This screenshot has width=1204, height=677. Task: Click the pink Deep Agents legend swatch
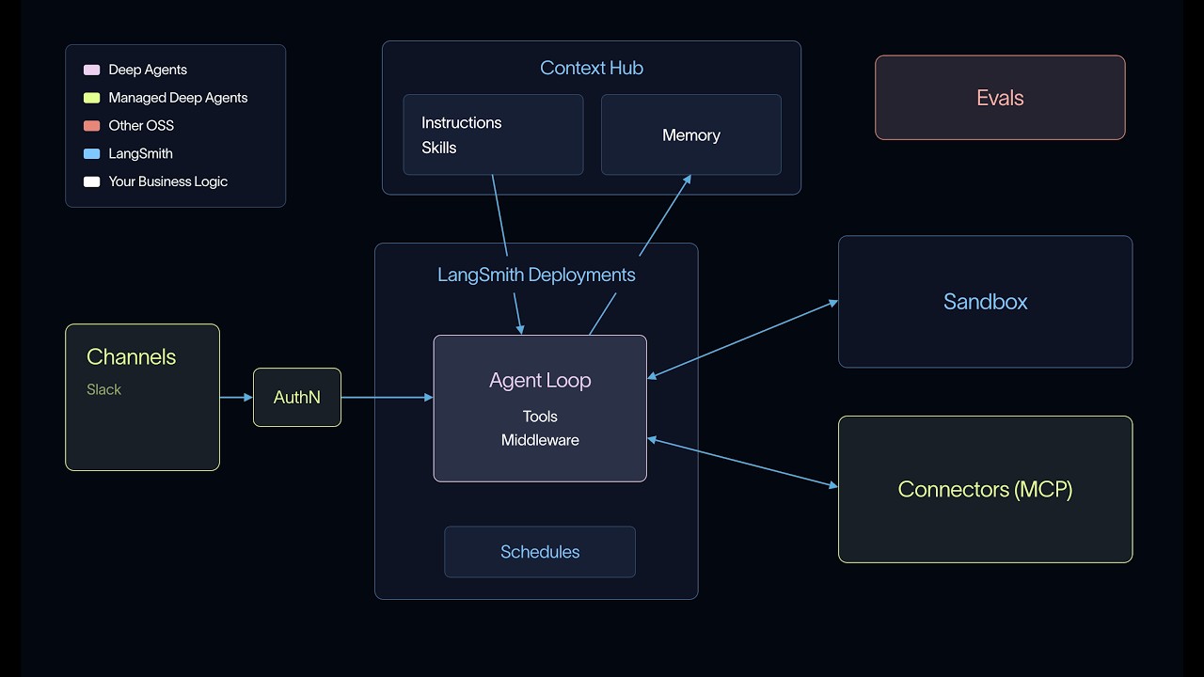[91, 70]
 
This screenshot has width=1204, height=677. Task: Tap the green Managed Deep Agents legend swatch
[91, 98]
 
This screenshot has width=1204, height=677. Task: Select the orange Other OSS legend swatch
[91, 126]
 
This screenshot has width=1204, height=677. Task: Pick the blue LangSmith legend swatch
[91, 153]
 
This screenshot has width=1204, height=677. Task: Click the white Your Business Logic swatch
[91, 181]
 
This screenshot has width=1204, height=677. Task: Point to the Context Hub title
[592, 69]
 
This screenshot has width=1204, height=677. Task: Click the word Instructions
[461, 123]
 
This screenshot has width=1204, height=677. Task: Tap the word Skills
[438, 148]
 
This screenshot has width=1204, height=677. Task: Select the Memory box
[691, 134]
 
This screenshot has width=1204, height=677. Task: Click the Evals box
[1000, 98]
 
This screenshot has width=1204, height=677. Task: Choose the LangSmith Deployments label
[536, 276]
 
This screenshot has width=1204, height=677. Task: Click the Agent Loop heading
[540, 381]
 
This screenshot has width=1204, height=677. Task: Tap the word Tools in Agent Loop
[540, 417]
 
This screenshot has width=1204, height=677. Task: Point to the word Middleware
[540, 441]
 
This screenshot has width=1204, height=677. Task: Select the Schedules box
[540, 552]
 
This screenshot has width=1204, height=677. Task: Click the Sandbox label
[985, 302]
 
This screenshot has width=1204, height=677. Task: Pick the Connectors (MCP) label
[985, 490]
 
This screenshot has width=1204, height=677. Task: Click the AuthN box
[296, 397]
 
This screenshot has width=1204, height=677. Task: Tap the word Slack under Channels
[103, 389]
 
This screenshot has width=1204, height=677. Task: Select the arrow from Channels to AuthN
[236, 398]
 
